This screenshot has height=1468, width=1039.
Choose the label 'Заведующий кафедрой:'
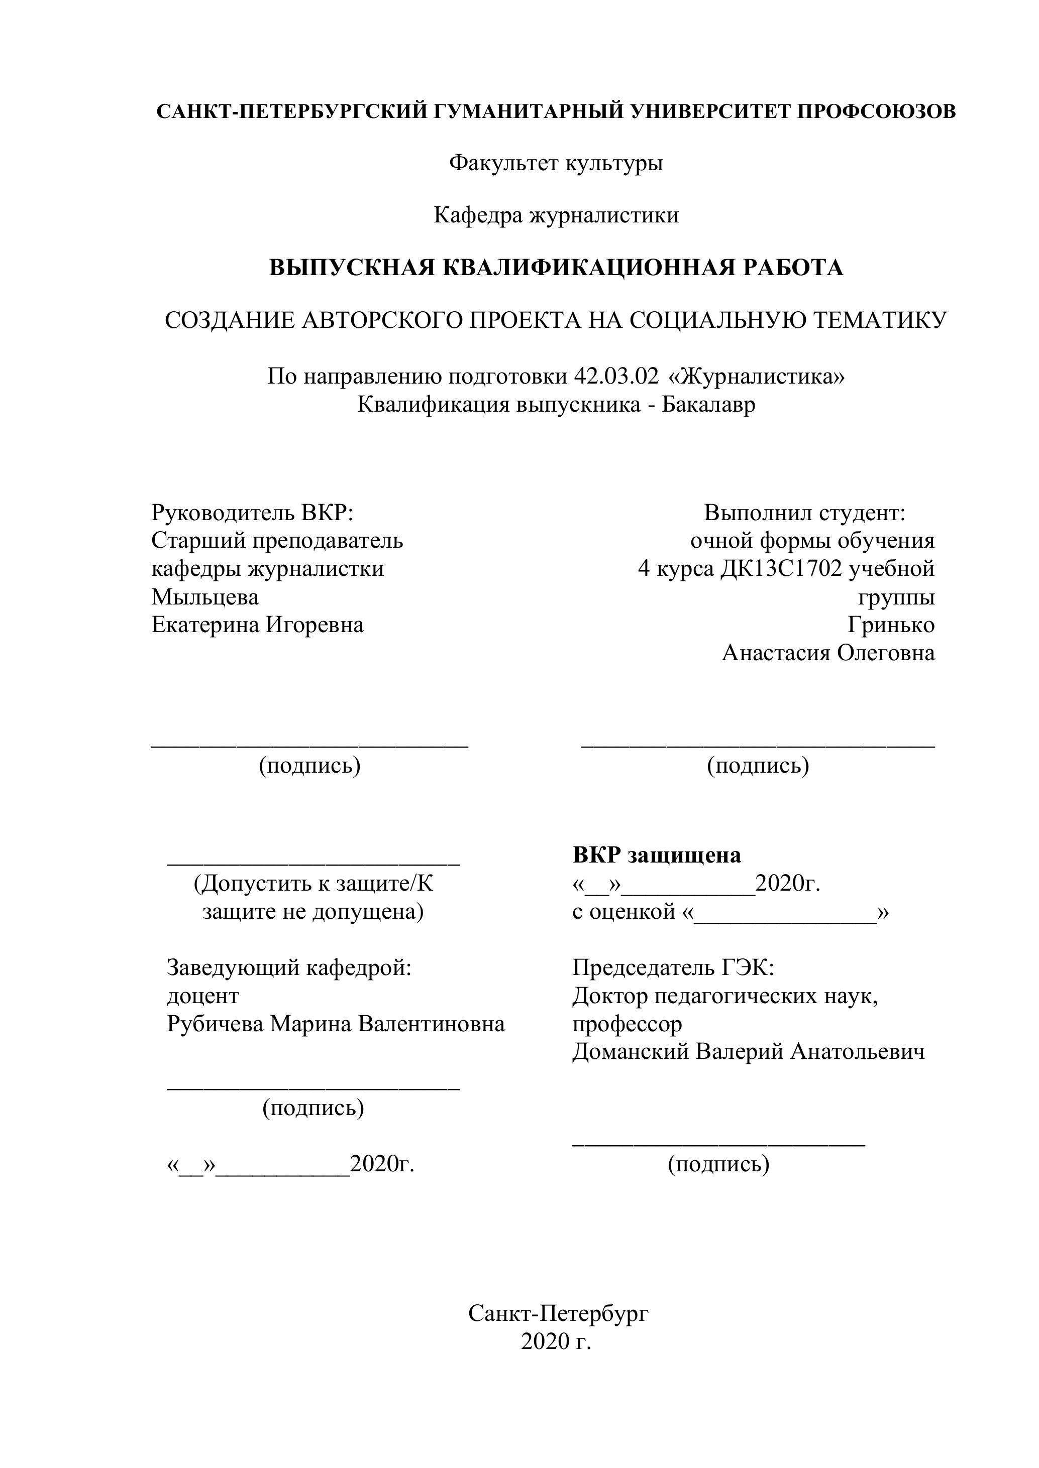click(288, 967)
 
